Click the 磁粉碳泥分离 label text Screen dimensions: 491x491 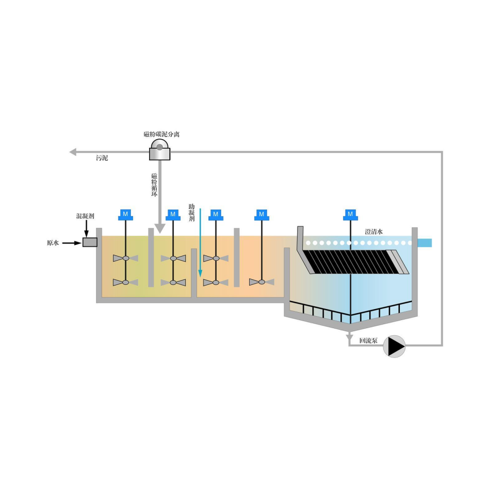161,134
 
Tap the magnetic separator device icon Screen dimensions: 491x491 160,150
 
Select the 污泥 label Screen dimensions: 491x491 102,158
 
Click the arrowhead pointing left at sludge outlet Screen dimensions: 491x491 73,151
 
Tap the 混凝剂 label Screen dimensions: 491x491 85,216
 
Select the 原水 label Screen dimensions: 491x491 53,243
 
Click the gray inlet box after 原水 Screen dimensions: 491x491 90,242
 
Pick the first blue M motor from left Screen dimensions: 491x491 125,215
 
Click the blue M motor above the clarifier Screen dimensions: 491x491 350,215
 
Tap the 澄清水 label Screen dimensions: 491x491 374,232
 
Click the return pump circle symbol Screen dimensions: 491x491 394,346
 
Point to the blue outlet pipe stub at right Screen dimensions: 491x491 425,243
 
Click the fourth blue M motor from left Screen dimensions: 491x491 261,215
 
